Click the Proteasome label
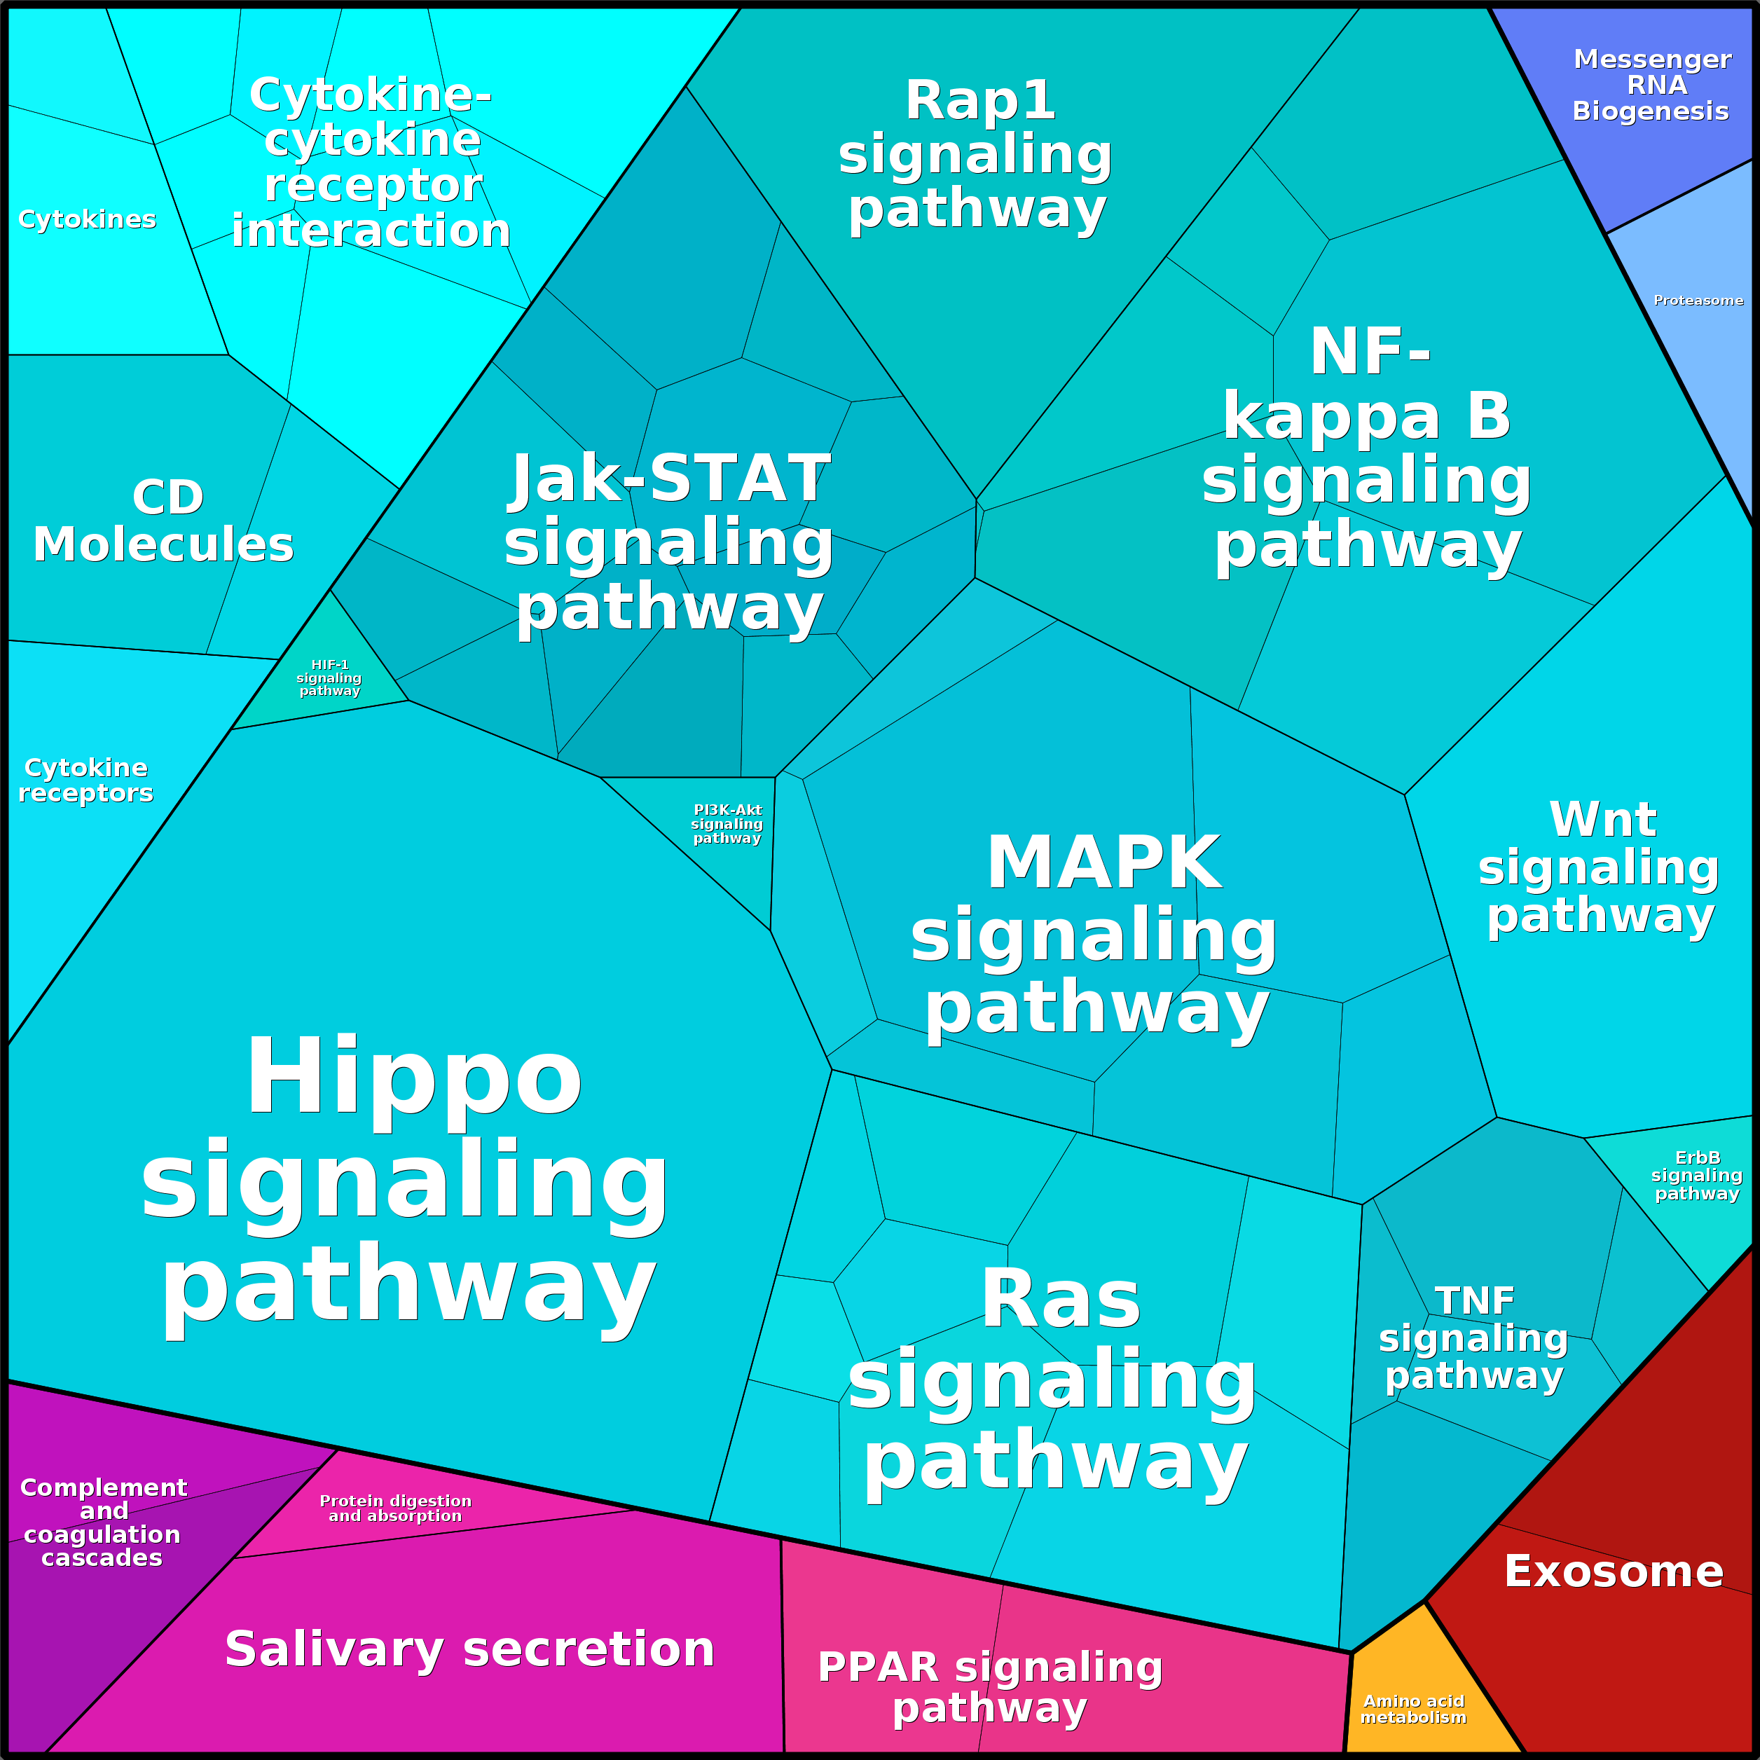click(x=1698, y=301)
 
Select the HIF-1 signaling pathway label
click(x=329, y=678)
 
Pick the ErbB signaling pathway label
click(x=1697, y=1175)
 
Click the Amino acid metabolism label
click(x=1414, y=1709)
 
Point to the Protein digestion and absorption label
click(x=395, y=1508)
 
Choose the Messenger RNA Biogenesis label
click(x=1651, y=85)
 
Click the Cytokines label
click(x=88, y=219)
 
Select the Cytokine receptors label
click(x=85, y=781)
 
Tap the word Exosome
click(x=1614, y=1572)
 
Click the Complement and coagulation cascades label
click(x=103, y=1522)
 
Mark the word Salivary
click(x=335, y=1651)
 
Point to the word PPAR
click(x=878, y=1667)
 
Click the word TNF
click(x=1475, y=1301)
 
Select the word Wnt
click(x=1603, y=819)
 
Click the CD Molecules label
click(x=164, y=521)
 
